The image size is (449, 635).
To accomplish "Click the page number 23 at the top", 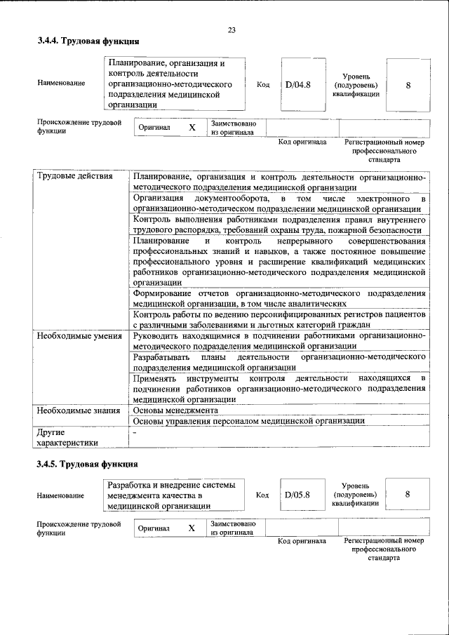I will point(232,29).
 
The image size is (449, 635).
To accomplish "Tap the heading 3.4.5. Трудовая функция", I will point(88,464).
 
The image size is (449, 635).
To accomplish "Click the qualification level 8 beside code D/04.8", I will point(408,85).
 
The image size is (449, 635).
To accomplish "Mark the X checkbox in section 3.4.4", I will point(192,128).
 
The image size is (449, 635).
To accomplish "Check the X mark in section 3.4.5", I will point(191,528).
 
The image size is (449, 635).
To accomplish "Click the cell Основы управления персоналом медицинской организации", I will point(248,422).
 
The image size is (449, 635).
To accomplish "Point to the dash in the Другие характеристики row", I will point(135,432).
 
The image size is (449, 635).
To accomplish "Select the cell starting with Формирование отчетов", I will point(279,298).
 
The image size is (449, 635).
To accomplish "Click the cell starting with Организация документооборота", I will point(279,203).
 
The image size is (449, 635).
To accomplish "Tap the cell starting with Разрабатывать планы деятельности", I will point(279,361).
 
